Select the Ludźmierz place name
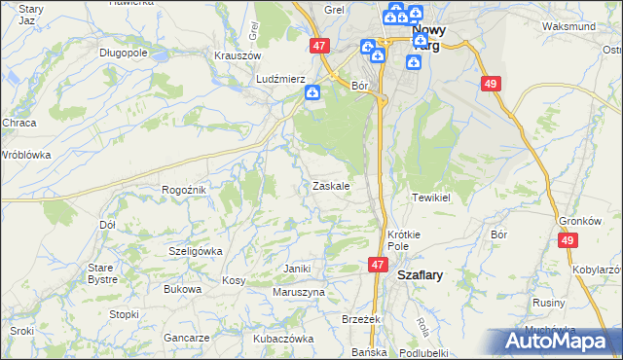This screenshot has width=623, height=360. click(x=280, y=79)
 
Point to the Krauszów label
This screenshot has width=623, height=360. click(x=236, y=55)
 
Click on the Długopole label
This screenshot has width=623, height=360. click(x=123, y=54)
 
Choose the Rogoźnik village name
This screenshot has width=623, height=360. click(x=183, y=190)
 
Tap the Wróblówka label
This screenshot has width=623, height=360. click(x=25, y=155)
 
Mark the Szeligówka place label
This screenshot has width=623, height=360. click(x=196, y=250)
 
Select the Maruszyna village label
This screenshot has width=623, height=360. click(x=299, y=292)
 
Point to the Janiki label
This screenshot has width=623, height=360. click(x=296, y=269)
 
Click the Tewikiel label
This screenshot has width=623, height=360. click(x=430, y=198)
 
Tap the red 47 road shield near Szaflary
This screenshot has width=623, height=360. click(x=379, y=264)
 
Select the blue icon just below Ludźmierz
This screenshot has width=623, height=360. click(x=311, y=93)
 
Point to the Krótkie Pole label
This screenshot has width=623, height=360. click(x=403, y=240)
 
